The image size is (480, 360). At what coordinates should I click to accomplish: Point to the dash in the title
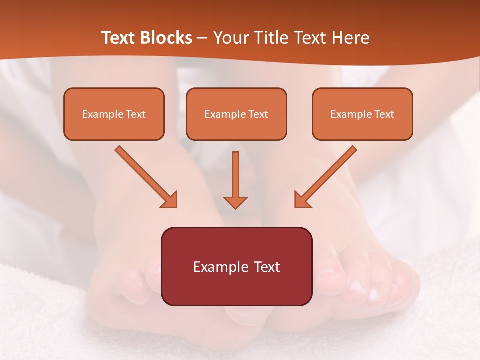point(203,38)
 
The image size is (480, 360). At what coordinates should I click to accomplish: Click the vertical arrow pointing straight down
point(235,180)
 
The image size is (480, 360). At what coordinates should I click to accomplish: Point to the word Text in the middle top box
point(258,114)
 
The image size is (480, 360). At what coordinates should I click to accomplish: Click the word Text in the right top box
point(384,114)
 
